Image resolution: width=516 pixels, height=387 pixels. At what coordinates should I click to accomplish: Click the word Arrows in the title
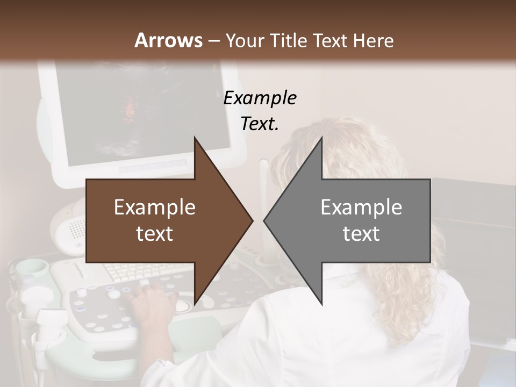(168, 40)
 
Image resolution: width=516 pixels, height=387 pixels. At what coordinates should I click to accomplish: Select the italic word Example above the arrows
(260, 98)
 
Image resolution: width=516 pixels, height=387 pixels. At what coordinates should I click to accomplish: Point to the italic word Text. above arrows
(260, 124)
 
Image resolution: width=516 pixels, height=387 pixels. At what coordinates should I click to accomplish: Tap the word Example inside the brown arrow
(154, 207)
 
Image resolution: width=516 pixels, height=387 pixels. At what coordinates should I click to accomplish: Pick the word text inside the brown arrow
(154, 234)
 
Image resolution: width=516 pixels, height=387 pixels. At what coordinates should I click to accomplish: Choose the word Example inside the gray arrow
(361, 207)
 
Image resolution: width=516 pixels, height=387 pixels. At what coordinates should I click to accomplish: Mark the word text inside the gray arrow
(361, 234)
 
